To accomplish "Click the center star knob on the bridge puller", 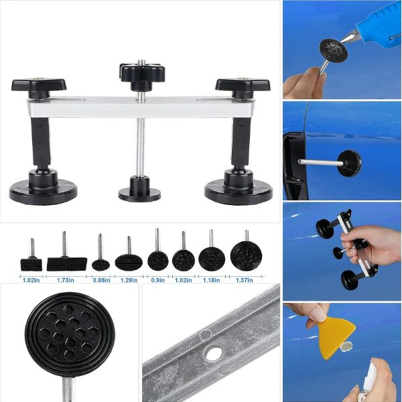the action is (143, 73).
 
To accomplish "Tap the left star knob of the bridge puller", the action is (39, 85).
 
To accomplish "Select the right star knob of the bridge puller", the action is (243, 84).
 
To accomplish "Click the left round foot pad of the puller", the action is (44, 189).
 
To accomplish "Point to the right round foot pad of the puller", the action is (239, 190).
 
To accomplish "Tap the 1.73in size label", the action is (66, 280).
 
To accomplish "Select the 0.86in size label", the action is (102, 280).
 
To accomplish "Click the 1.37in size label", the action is (245, 280).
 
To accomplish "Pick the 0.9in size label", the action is (157, 280).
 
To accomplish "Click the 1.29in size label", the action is (129, 280).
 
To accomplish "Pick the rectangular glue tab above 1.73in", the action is (67, 264).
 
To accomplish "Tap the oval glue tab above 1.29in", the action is (129, 262).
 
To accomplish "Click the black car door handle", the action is (295, 167).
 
